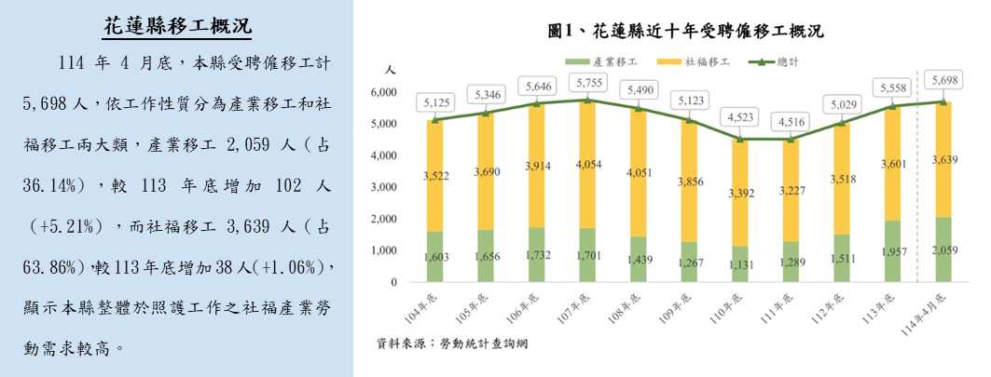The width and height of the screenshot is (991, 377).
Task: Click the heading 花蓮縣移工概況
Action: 176,26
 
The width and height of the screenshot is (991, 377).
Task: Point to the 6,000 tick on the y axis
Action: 386,92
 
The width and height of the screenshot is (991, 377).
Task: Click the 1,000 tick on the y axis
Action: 386,251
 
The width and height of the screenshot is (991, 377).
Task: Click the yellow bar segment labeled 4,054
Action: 590,164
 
